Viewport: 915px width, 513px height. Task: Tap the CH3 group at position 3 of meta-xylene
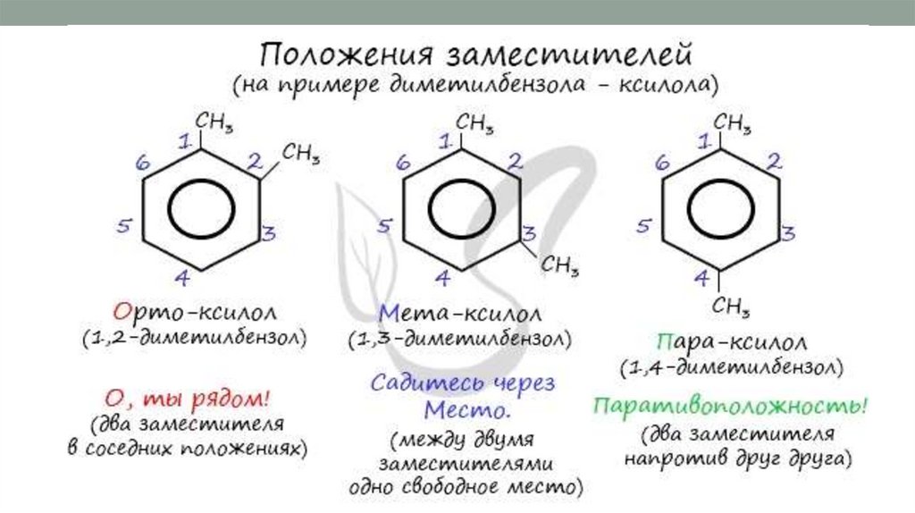(x=561, y=265)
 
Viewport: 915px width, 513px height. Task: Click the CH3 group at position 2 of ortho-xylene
(x=301, y=153)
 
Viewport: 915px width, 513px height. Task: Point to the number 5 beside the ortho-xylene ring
(x=125, y=227)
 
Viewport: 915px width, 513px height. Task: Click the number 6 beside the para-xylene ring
(x=662, y=164)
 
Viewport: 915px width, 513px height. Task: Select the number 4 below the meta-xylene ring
(x=441, y=278)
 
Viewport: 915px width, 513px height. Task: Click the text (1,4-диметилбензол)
(x=729, y=367)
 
